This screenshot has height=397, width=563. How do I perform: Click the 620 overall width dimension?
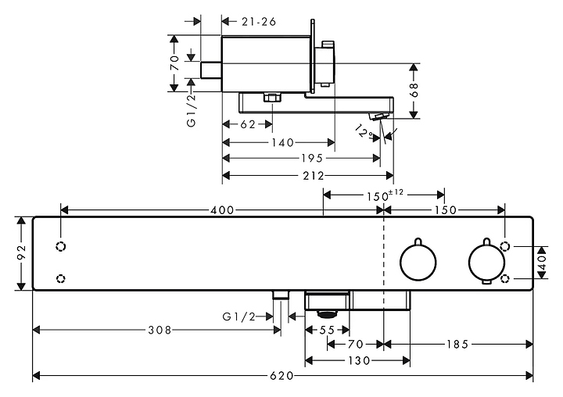[x=282, y=376]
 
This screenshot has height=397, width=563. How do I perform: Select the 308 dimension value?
[x=160, y=331]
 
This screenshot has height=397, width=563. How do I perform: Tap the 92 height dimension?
[x=22, y=254]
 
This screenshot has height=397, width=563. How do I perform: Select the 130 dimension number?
[x=358, y=360]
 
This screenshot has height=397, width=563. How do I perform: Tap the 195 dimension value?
[x=310, y=159]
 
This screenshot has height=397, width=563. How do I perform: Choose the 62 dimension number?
[x=247, y=124]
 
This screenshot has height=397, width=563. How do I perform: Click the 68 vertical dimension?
[x=414, y=91]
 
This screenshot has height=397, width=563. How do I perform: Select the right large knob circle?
[x=484, y=262]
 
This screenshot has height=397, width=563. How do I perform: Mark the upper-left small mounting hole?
[x=61, y=247]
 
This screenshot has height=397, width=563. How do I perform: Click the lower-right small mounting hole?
[x=505, y=278]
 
